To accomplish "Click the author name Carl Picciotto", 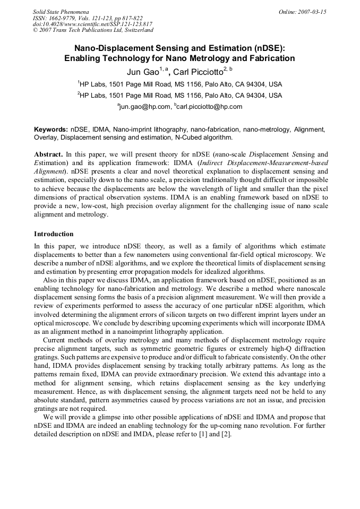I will pos(199,72).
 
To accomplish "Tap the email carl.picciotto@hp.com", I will pos(209,106).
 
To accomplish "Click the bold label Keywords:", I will pos(51,129).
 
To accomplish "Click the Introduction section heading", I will pos(54,234).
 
